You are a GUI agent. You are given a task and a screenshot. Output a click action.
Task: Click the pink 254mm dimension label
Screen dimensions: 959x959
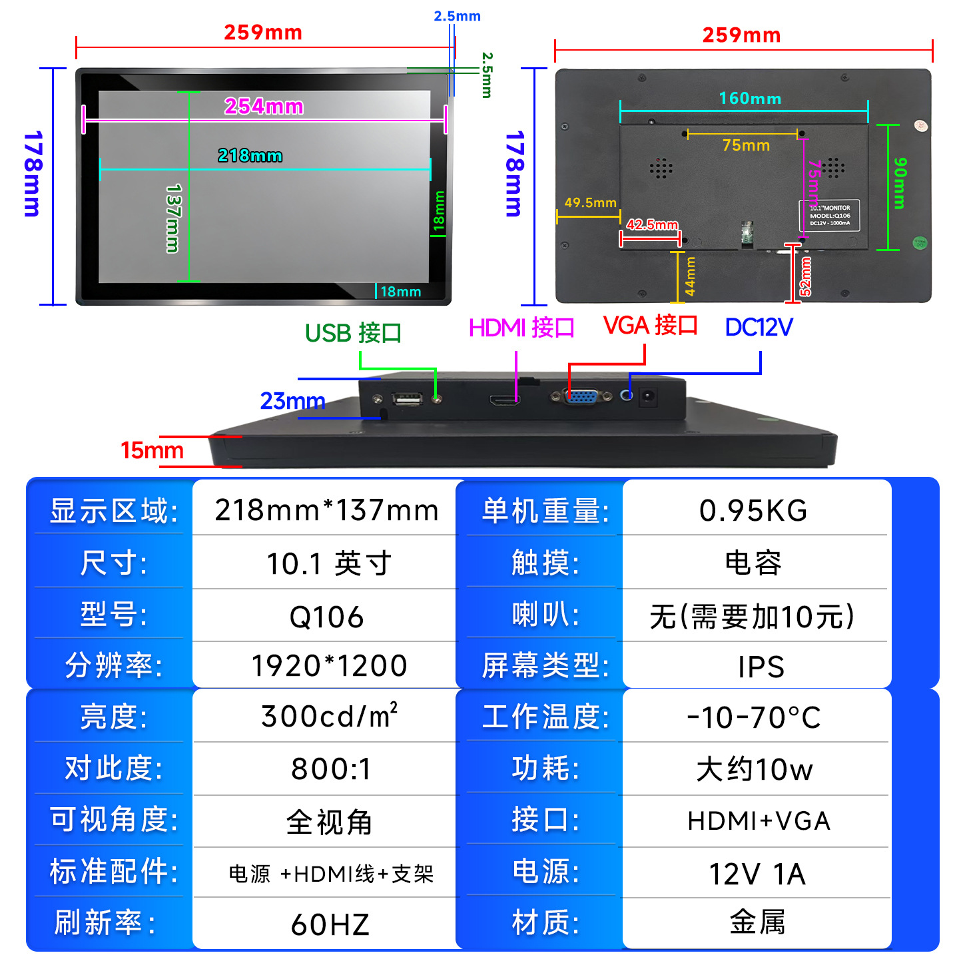click(x=264, y=106)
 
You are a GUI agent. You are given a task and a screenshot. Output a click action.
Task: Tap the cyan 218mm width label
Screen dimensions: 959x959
click(x=250, y=155)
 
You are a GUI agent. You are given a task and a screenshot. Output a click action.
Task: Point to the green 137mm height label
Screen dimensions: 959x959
click(x=172, y=218)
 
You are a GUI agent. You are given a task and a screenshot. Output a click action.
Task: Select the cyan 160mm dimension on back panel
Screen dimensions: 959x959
click(x=750, y=99)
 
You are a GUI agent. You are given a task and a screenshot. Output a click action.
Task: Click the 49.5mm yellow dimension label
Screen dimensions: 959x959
click(x=590, y=202)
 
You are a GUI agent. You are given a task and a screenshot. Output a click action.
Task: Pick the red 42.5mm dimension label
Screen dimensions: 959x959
click(x=652, y=224)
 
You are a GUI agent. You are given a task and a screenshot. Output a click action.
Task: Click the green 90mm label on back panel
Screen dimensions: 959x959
click(x=900, y=183)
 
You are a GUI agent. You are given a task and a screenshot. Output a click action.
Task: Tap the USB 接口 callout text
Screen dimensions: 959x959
click(x=353, y=333)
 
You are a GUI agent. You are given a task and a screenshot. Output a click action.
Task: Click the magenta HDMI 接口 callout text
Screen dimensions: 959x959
click(x=521, y=328)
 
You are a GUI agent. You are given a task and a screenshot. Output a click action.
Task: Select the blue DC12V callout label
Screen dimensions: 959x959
click(x=759, y=327)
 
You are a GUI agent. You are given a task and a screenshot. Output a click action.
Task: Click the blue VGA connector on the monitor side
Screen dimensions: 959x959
click(x=581, y=396)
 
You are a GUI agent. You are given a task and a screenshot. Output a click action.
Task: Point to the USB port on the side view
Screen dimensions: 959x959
click(x=408, y=399)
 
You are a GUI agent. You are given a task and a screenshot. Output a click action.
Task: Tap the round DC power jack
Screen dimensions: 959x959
click(x=647, y=398)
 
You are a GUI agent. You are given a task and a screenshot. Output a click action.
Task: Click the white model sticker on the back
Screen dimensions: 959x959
click(x=829, y=215)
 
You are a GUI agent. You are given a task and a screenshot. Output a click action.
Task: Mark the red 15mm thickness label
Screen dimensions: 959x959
click(x=152, y=450)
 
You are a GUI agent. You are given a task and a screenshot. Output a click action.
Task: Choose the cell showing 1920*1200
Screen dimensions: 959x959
click(x=329, y=665)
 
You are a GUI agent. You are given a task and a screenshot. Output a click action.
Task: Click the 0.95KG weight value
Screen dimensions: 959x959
click(x=753, y=511)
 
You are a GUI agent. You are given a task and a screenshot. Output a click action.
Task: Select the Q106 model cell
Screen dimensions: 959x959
click(x=326, y=617)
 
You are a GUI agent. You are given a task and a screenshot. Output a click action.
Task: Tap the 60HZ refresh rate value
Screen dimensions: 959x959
click(x=330, y=924)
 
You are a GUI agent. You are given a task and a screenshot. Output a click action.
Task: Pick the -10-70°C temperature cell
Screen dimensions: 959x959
click(x=753, y=717)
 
